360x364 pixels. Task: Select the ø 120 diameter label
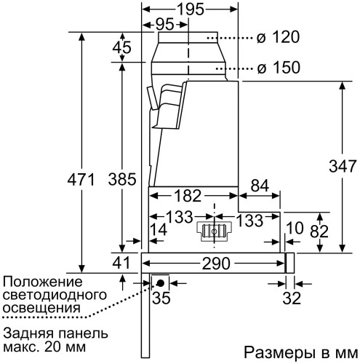[281, 35]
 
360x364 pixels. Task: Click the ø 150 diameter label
[281, 68]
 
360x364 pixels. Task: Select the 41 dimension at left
[121, 263]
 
